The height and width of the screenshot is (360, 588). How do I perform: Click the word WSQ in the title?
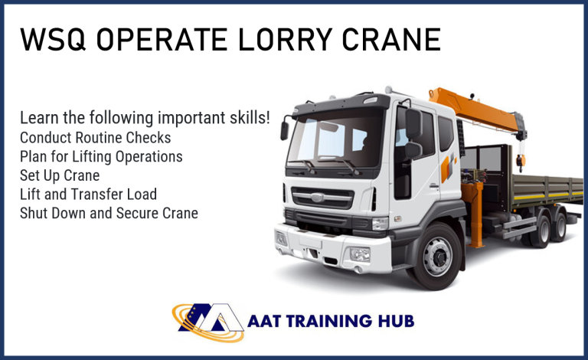point(53,39)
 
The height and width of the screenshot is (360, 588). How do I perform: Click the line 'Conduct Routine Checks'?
point(95,138)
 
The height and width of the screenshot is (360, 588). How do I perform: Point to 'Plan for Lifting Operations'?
point(101,157)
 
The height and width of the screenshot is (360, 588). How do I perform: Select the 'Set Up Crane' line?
point(60,175)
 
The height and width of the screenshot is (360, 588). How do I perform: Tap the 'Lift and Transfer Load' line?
point(88,195)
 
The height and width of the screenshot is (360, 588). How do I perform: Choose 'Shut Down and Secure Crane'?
point(109,213)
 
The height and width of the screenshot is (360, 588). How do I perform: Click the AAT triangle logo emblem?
point(208,322)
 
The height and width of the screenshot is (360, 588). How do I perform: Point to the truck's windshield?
point(335,141)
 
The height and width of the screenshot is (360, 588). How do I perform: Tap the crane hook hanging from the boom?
point(520,161)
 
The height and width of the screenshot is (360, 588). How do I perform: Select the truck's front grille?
point(322,198)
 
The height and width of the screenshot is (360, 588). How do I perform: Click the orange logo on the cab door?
point(449,167)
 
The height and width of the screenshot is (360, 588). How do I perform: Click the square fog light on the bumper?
point(359,254)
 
